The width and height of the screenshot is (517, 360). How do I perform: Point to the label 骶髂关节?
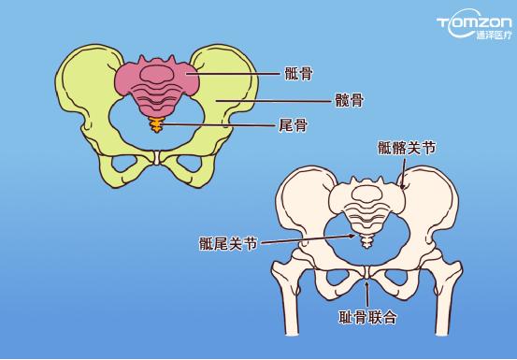coord(407,148)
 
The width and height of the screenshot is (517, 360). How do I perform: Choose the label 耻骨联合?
coord(368,318)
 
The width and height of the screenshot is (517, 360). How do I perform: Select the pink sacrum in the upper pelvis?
coord(156,80)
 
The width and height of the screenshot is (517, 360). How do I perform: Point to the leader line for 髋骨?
coord(271,98)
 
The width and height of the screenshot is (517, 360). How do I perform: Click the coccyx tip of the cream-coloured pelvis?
coord(366,242)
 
